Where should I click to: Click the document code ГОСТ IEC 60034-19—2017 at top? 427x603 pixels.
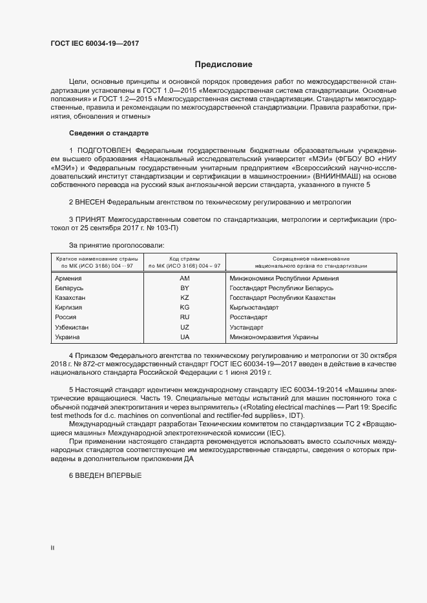point(94,44)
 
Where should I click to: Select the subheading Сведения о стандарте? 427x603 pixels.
point(109,133)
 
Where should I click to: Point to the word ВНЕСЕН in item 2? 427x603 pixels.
point(90,202)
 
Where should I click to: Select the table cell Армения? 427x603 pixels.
point(69,279)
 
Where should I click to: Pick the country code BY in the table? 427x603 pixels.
point(184,288)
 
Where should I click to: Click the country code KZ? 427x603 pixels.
point(184,298)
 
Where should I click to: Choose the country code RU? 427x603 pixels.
point(184,317)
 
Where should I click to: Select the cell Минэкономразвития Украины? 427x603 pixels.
point(274,337)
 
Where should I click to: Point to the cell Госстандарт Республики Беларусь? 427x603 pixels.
point(281,288)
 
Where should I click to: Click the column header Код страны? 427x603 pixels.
point(184,259)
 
